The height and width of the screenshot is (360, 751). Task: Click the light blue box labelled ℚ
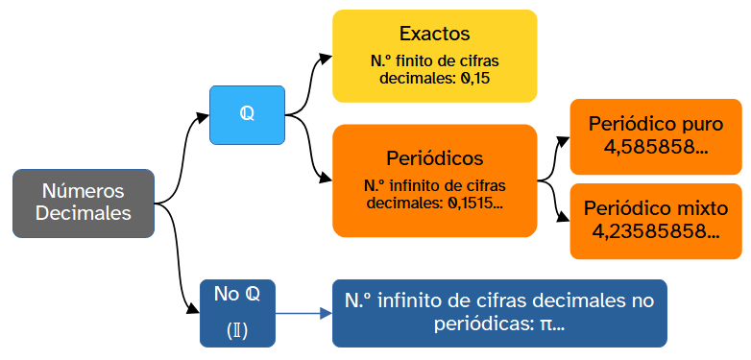247,114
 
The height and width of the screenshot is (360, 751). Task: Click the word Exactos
434,34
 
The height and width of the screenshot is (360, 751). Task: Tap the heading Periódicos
434,157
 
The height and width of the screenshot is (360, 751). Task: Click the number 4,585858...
655,148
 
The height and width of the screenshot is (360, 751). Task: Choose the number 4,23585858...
655,231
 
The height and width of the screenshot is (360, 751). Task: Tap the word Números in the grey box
83,191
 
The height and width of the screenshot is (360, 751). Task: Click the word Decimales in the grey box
83,213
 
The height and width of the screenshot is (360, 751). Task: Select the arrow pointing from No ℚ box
303,314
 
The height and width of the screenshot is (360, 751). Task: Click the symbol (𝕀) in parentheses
237,331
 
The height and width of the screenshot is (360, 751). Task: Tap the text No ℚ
237,294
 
